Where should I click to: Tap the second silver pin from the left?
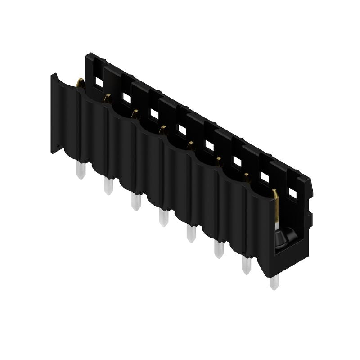coord(108,185)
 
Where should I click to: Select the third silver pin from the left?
coord(135,201)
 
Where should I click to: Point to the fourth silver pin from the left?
coord(163,218)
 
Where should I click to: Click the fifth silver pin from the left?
coord(191,233)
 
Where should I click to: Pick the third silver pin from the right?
coord(219,249)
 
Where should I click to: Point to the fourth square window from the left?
coord(181,130)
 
